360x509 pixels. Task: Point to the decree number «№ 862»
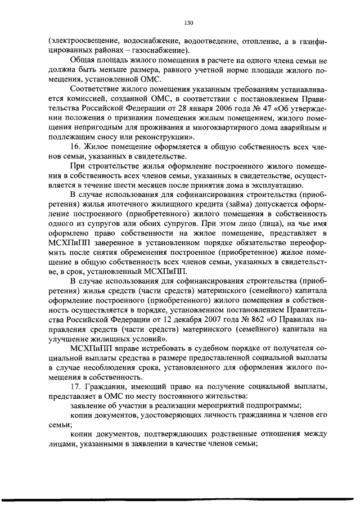260,321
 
